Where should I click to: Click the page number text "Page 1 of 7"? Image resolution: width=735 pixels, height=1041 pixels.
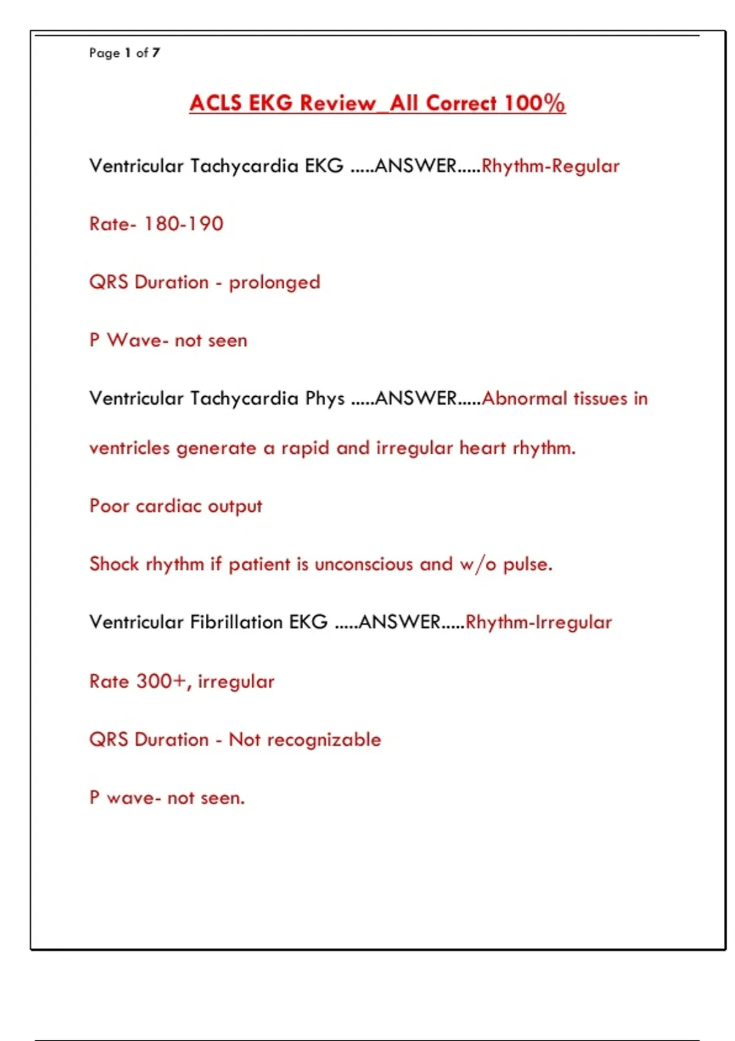(x=124, y=53)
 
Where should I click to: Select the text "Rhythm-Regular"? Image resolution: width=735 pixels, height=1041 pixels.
(x=550, y=166)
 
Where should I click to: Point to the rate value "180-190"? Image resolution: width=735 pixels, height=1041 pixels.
(x=184, y=224)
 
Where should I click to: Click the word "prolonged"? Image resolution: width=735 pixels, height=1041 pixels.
(x=274, y=283)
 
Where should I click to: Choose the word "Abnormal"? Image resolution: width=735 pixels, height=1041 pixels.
(x=524, y=399)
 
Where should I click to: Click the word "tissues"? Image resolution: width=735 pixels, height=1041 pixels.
(x=601, y=399)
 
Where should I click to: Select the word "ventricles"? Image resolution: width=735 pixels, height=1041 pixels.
(x=129, y=448)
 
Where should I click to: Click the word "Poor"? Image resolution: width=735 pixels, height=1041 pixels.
(x=109, y=506)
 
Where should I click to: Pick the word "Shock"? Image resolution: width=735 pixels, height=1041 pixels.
(x=114, y=564)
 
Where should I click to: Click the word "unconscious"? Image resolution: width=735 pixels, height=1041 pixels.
(x=364, y=564)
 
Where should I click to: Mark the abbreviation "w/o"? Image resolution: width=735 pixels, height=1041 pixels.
(x=478, y=564)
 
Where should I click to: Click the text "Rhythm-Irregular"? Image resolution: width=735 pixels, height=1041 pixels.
(x=538, y=622)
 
